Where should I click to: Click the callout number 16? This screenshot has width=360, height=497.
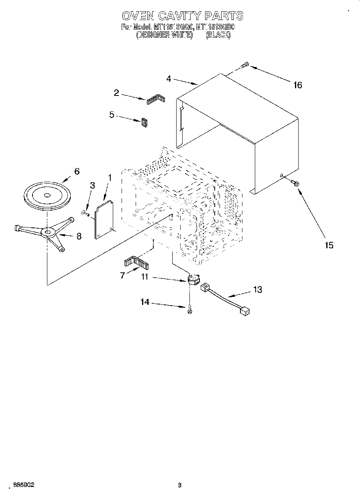click(297, 85)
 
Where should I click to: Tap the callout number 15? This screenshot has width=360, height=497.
click(329, 245)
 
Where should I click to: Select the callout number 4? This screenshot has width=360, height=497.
click(169, 79)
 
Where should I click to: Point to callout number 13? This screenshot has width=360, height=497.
click(257, 290)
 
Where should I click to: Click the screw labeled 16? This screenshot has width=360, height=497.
click(245, 65)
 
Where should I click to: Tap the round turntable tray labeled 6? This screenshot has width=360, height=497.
click(47, 195)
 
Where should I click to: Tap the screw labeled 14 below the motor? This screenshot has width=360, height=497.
click(190, 309)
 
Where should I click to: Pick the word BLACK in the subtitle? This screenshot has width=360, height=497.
click(218, 35)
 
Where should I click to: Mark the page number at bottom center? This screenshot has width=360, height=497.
click(180, 485)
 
